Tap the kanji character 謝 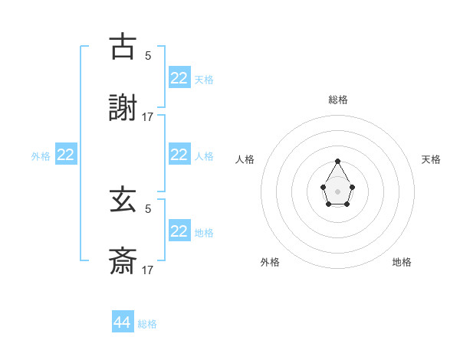tap(123, 109)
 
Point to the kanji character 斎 tap(123, 262)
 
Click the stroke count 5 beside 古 tap(148, 55)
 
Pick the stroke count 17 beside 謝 tap(148, 117)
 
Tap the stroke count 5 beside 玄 tap(148, 208)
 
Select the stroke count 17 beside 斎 tap(148, 270)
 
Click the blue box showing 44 tap(123, 322)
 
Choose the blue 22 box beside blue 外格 tap(66, 155)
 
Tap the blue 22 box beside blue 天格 tap(179, 77)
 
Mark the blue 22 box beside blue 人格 tap(179, 155)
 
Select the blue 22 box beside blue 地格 tap(179, 231)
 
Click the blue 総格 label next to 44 tap(147, 324)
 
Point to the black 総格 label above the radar tap(338, 100)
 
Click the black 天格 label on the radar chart tap(431, 159)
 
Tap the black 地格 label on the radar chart tap(402, 262)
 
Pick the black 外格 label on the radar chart tap(270, 262)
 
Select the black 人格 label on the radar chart tap(245, 159)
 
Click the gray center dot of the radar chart tap(337, 191)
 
